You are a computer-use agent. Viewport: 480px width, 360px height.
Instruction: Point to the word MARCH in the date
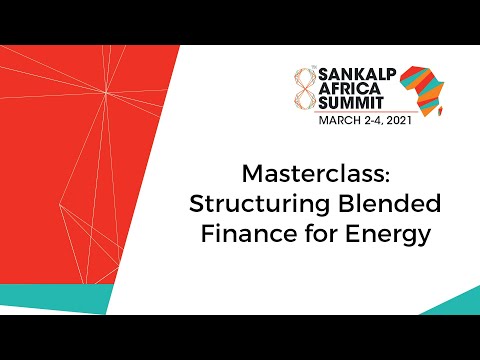342,121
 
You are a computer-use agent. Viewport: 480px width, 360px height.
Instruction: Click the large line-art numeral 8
298,92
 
